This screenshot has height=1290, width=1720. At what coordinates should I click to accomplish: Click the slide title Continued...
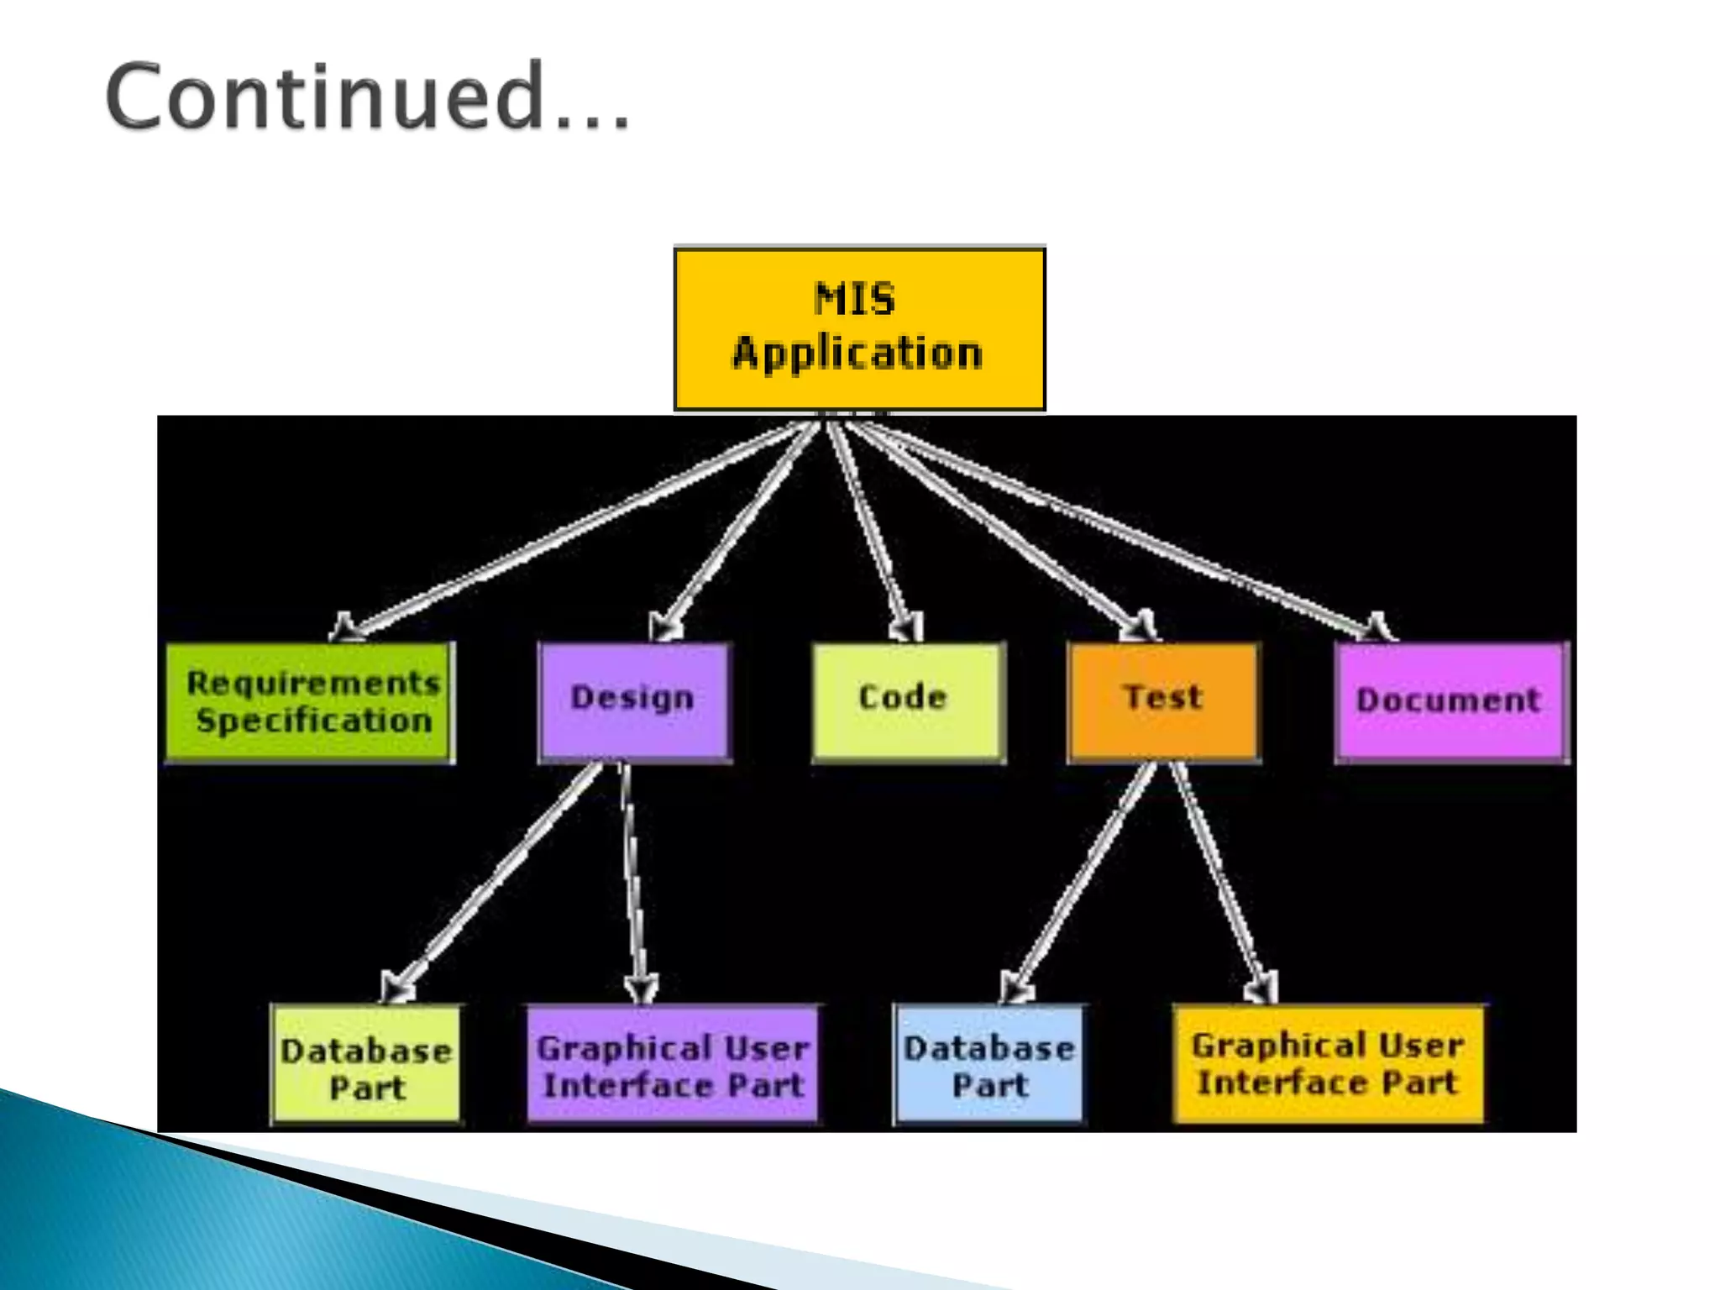[x=367, y=97]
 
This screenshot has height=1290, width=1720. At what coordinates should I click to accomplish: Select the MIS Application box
[x=859, y=328]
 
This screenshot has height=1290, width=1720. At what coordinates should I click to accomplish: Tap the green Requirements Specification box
[x=310, y=702]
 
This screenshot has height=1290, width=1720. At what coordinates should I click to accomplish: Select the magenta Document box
[x=1450, y=701]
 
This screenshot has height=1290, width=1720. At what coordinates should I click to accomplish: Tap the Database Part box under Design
[x=366, y=1064]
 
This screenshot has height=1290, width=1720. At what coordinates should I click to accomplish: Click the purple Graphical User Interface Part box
[x=673, y=1064]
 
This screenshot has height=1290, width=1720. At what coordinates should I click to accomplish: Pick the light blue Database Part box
[x=988, y=1064]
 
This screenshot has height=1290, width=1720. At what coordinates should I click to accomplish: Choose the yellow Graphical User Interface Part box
[x=1328, y=1063]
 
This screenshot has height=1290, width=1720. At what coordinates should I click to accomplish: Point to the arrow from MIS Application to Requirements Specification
[x=571, y=529]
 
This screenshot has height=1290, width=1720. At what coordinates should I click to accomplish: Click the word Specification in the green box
[x=314, y=721]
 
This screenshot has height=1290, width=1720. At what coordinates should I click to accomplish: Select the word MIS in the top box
[x=855, y=299]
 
